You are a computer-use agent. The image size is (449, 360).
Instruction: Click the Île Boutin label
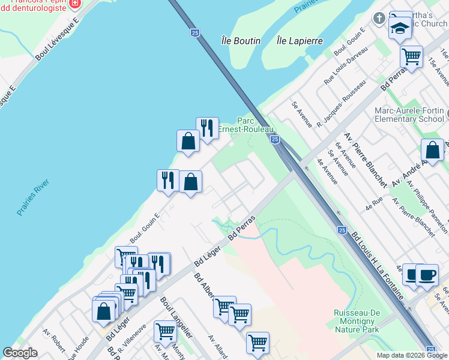tap(240, 41)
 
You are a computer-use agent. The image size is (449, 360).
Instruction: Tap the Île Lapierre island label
tap(300, 41)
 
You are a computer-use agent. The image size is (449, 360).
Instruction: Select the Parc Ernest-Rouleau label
tap(254, 125)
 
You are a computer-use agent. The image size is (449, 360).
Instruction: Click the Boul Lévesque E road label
tap(58, 38)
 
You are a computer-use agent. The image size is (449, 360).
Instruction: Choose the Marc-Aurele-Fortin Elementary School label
tap(409, 115)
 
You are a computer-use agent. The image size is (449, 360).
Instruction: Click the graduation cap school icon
tap(399, 28)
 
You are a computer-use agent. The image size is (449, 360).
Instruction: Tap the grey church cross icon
tap(379, 18)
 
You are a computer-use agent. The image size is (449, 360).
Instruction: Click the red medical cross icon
tap(75, 4)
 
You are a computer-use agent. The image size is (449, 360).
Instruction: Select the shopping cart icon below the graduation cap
tap(411, 57)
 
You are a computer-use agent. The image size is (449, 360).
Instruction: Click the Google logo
tap(20, 353)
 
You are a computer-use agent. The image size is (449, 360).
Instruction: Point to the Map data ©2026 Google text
tap(412, 355)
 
